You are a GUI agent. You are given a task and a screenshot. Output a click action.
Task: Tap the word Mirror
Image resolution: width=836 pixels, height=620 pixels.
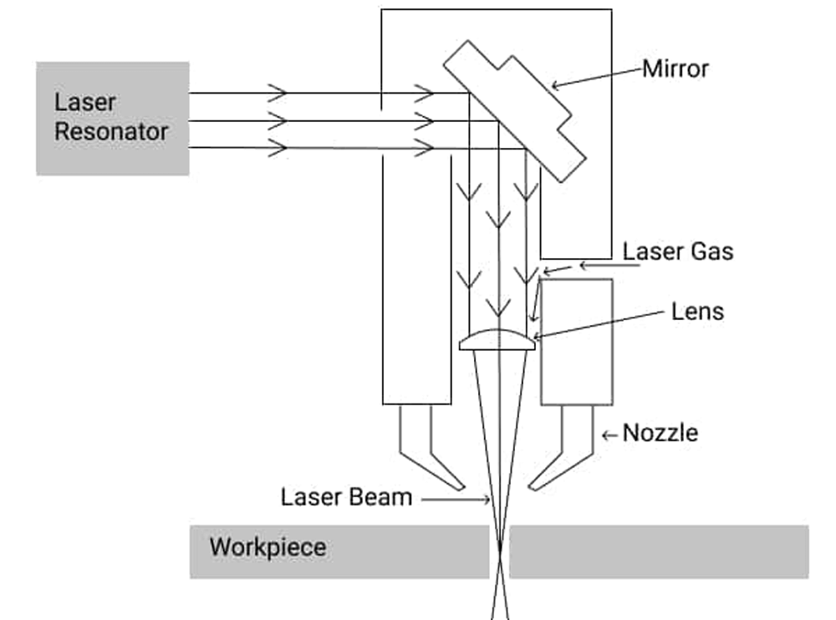(675, 69)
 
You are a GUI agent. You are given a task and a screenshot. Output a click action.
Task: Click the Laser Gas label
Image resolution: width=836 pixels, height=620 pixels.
(678, 252)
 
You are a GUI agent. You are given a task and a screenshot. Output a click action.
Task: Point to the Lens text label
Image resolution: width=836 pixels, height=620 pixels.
(697, 313)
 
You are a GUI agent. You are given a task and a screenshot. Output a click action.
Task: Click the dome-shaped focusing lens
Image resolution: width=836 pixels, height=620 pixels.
(497, 341)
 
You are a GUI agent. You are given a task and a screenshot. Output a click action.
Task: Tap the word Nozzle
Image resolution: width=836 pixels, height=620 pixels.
(660, 433)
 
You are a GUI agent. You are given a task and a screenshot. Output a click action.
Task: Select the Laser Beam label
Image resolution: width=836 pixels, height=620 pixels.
(346, 497)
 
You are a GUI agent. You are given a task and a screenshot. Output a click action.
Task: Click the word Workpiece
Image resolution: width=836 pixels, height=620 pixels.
(268, 548)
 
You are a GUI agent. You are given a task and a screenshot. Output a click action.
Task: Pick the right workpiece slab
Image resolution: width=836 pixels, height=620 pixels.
(659, 551)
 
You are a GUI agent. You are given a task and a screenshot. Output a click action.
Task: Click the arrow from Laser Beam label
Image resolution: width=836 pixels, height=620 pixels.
(456, 500)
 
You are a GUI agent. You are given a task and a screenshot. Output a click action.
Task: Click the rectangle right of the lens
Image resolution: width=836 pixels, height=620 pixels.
(576, 342)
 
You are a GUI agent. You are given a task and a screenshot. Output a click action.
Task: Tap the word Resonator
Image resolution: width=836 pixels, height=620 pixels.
(111, 131)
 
